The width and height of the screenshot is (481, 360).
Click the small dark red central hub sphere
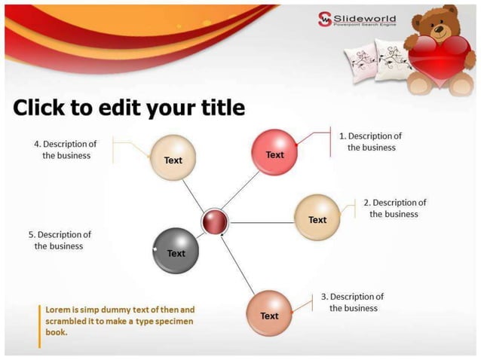pos(215,222)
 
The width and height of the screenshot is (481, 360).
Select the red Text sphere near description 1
pos(274,153)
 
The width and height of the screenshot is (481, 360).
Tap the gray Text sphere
pos(175,250)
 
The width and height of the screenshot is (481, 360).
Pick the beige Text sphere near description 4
pos(173,157)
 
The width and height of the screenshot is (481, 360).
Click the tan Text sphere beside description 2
pos(317,218)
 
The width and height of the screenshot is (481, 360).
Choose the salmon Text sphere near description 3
pos(269,313)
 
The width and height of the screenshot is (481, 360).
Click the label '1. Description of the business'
pos(370,142)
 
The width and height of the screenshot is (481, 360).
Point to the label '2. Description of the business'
pos(394,208)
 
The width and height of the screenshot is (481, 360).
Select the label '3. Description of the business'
pos(352,302)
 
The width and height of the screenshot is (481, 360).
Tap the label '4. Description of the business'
pos(66,149)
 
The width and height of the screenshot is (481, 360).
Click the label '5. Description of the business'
pos(60,240)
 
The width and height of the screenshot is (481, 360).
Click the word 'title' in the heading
pos(217,108)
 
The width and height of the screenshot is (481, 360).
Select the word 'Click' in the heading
pos(39,108)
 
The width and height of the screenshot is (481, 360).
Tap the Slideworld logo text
pos(364,18)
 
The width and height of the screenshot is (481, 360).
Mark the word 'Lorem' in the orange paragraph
pos(59,310)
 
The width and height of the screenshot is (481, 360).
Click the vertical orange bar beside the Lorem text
pos(39,325)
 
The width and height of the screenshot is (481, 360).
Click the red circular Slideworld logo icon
pos(324,19)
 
